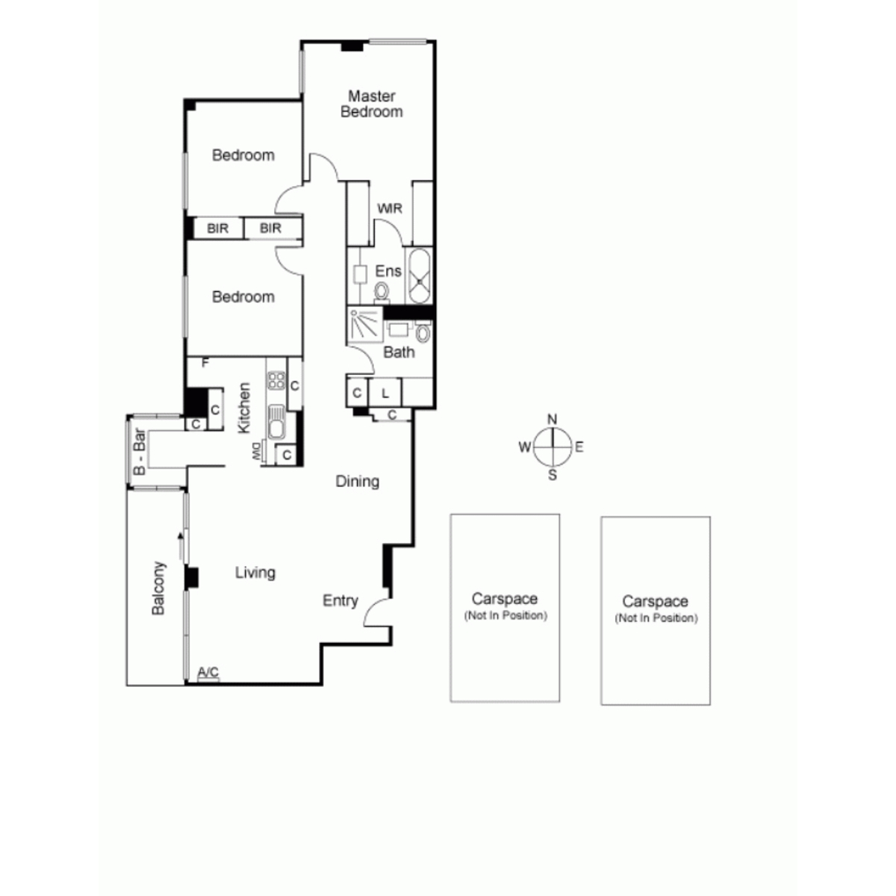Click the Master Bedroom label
tap(372, 104)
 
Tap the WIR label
tap(390, 208)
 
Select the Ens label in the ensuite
tap(388, 270)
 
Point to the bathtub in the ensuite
tap(420, 277)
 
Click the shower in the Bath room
tap(365, 325)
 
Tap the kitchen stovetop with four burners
tap(276, 380)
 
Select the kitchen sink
tap(276, 422)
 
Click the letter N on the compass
tap(552, 420)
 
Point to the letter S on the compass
tap(553, 475)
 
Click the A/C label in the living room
tap(208, 672)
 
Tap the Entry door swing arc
tap(373, 610)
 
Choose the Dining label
tap(357, 482)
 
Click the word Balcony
tap(158, 588)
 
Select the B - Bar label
tap(139, 452)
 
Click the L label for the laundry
tap(385, 393)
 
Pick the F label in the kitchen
tap(205, 363)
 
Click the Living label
tap(255, 573)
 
